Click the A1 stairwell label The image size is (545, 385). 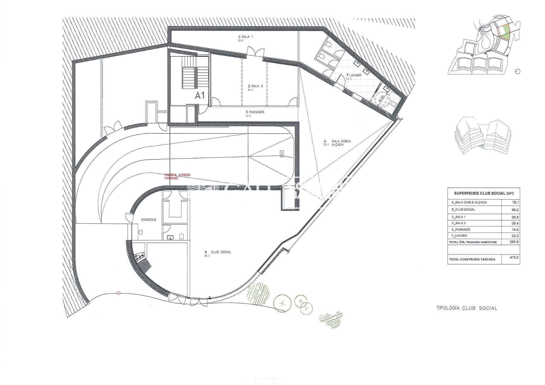[x=200, y=95]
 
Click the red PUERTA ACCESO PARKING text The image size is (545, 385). [x=178, y=177]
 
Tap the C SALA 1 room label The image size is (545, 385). [x=245, y=37]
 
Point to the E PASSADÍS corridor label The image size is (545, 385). [x=255, y=112]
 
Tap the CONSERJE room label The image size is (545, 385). [x=149, y=219]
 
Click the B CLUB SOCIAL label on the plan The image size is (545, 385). [x=218, y=252]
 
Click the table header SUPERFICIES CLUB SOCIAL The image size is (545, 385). [x=484, y=193]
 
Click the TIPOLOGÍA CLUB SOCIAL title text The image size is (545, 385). [x=467, y=308]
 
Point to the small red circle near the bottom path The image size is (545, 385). [x=119, y=293]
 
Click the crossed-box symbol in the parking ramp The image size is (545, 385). [x=282, y=154]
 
